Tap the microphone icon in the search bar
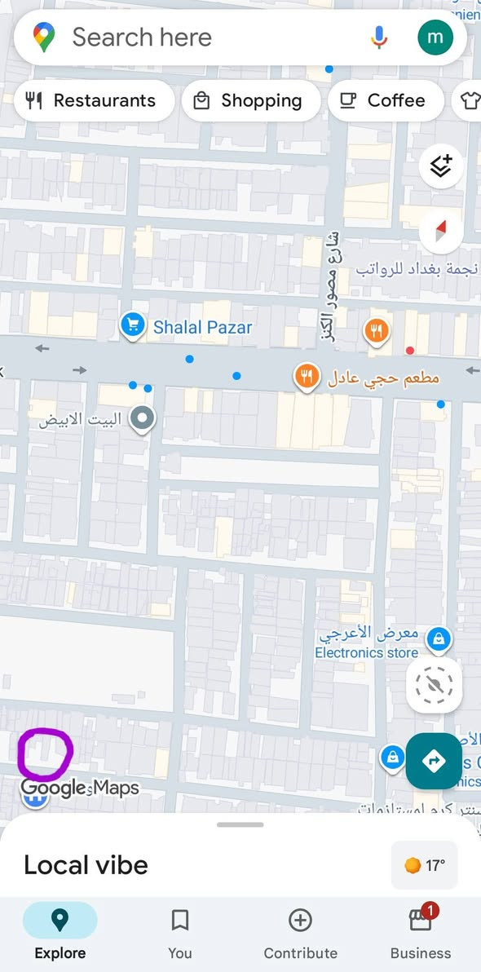(x=379, y=37)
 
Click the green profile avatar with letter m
(x=435, y=37)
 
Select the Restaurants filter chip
(x=93, y=100)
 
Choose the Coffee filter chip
(x=385, y=100)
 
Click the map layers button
(x=441, y=166)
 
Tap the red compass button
(x=441, y=232)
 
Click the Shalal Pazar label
(x=203, y=327)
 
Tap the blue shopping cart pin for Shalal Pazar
(x=132, y=325)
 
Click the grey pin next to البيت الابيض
(x=143, y=419)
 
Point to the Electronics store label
(x=366, y=652)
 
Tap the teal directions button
(x=434, y=761)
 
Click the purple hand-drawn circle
(x=45, y=753)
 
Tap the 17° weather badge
(x=425, y=865)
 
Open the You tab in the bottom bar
(x=180, y=933)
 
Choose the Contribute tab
(x=300, y=933)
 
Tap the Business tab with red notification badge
(x=421, y=933)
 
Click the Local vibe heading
(x=86, y=864)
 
